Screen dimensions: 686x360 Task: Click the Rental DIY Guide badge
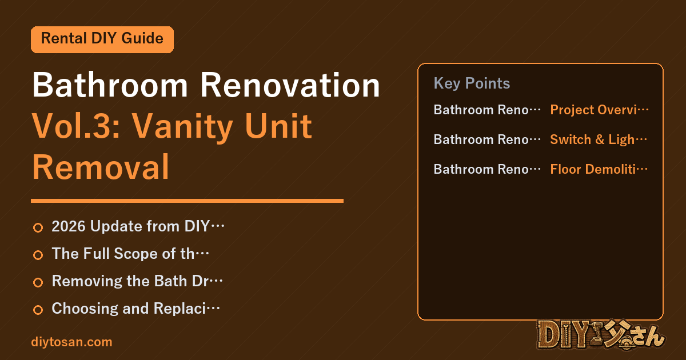[x=102, y=39]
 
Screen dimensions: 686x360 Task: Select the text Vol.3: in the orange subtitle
[x=76, y=126]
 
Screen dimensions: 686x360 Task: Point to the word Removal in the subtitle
[x=101, y=167]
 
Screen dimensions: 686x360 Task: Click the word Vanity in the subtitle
[x=182, y=127]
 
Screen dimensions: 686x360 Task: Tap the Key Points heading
[x=472, y=83]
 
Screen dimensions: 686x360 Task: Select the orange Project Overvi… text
[x=599, y=110]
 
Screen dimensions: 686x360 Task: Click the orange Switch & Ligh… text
[x=599, y=139]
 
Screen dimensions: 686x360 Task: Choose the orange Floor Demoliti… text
[x=599, y=169]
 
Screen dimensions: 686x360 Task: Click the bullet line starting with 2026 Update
[x=138, y=226]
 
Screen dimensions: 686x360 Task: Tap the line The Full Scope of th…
[x=130, y=254]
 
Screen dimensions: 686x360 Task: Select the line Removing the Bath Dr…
[x=137, y=281]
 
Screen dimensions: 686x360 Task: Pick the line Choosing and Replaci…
[x=135, y=308]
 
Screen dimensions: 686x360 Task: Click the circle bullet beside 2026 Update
[x=38, y=227]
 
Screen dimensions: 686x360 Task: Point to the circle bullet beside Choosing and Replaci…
[x=38, y=310]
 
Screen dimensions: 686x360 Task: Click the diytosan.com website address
[x=71, y=342]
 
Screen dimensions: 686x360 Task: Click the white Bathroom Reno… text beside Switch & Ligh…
[x=487, y=139]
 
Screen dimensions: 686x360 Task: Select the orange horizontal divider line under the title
[x=187, y=201]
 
